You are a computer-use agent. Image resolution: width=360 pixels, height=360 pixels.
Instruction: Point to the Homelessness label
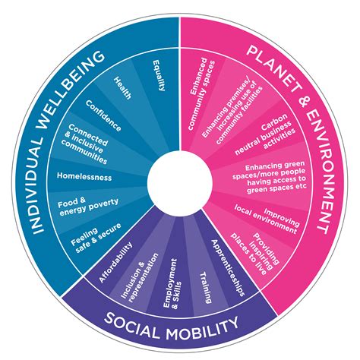(x=84, y=177)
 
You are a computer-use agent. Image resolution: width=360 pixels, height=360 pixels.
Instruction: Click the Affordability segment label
(x=115, y=263)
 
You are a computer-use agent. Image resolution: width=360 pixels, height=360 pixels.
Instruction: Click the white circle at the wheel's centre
(x=180, y=181)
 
